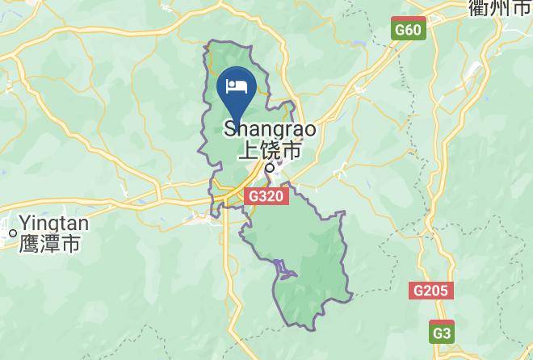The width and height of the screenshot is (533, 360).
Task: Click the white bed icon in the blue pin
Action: coord(237,86)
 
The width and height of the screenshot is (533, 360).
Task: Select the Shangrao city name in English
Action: coord(269,129)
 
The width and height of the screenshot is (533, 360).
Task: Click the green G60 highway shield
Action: coord(408,30)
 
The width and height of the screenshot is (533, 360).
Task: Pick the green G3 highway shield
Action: coord(441,333)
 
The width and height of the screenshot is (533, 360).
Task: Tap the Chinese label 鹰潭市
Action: coord(49,243)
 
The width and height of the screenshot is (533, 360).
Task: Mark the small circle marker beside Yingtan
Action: coord(12,233)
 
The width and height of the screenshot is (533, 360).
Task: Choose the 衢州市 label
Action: coord(500,8)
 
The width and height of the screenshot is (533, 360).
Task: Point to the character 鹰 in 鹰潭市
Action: coord(29,243)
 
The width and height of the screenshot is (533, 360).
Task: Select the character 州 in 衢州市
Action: coord(500,8)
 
